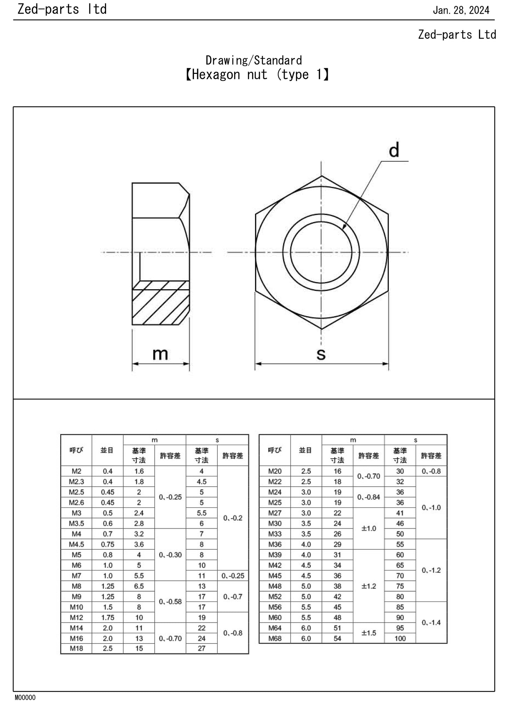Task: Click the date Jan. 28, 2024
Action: (x=461, y=10)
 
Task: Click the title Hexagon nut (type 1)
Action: (x=257, y=75)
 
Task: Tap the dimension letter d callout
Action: (x=394, y=151)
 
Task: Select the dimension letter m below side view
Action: (x=160, y=354)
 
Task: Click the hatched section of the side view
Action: (x=160, y=303)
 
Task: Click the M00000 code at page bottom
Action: (x=25, y=697)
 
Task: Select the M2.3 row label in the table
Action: (x=76, y=481)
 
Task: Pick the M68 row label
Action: (x=275, y=638)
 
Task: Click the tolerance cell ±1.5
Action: (x=368, y=633)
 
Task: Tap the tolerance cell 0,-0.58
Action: (x=170, y=602)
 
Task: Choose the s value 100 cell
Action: (x=400, y=638)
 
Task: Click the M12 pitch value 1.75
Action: (x=108, y=617)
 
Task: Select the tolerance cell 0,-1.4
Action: (x=431, y=623)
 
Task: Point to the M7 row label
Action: (x=76, y=576)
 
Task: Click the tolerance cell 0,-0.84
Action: (x=368, y=497)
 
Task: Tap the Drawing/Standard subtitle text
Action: (x=254, y=61)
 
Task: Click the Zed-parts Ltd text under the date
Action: (x=457, y=35)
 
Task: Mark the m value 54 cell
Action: (x=337, y=638)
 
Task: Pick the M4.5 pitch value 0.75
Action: (x=108, y=544)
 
